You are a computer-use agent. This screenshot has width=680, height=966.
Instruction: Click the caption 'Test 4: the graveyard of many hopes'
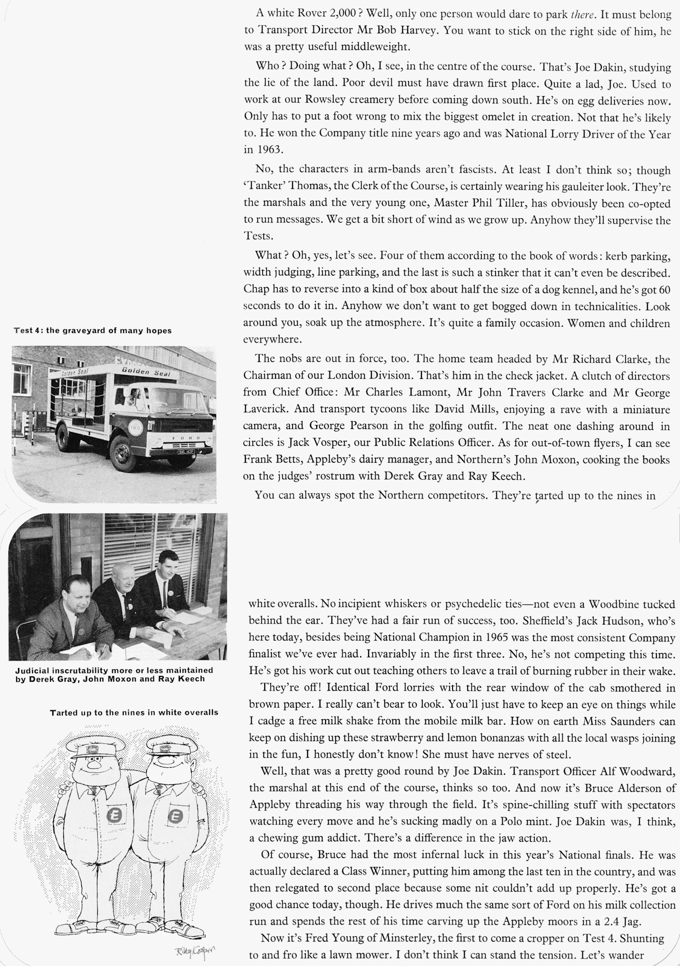tap(92, 331)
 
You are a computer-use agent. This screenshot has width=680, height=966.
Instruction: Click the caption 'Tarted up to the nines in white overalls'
tap(134, 712)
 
